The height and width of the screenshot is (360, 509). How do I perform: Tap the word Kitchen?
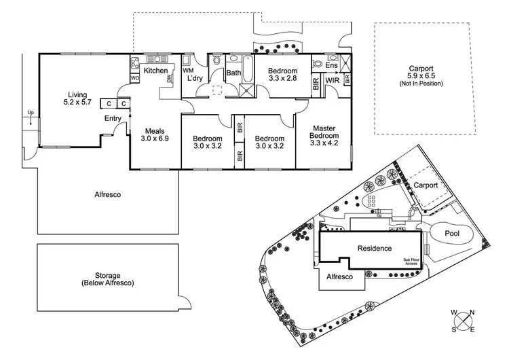[x=155, y=71]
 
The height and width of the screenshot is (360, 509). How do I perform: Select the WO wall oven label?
[x=134, y=79]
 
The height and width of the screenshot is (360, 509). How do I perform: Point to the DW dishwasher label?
[x=169, y=79]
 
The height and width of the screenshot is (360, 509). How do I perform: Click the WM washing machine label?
[x=189, y=71]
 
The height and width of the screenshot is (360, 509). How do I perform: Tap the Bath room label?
[x=233, y=73]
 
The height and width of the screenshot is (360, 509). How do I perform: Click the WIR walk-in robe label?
[x=332, y=81]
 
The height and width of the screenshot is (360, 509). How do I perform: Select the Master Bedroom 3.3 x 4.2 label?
[x=323, y=136]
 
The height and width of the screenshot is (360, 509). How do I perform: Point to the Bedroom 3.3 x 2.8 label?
[x=282, y=75]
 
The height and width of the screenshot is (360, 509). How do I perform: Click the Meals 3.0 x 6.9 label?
[x=155, y=134]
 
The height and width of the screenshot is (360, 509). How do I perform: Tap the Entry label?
[x=113, y=119]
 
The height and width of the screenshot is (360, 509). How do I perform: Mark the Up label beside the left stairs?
[x=30, y=113]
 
